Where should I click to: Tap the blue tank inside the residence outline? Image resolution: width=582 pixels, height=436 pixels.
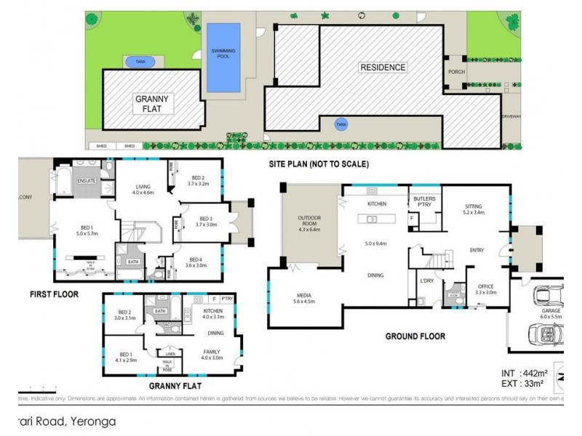pyautogui.click(x=340, y=125)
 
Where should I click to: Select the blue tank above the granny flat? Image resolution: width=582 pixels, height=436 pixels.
pyautogui.click(x=140, y=62)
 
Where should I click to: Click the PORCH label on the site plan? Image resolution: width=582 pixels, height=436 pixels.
pyautogui.click(x=456, y=71)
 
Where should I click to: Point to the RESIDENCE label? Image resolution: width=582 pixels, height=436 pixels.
pyautogui.click(x=383, y=68)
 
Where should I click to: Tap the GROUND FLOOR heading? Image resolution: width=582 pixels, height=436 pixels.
pyautogui.click(x=416, y=336)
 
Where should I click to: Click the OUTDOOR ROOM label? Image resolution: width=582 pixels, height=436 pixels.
pyautogui.click(x=310, y=221)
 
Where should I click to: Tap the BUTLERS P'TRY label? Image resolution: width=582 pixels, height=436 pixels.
pyautogui.click(x=425, y=201)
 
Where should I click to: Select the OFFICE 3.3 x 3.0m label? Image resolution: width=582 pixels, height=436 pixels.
pyautogui.click(x=486, y=290)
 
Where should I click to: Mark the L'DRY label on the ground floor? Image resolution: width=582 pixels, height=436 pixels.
pyautogui.click(x=426, y=280)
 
